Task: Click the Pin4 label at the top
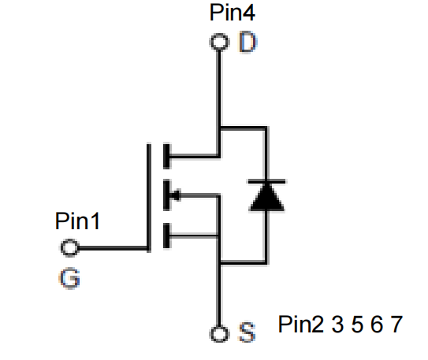pos(233,13)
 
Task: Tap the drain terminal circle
pos(219,35)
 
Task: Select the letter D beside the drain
pos(247,43)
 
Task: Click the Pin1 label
pos(77,221)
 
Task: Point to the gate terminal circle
pos(69,241)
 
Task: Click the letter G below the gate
pos(70,278)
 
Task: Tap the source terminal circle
pos(219,327)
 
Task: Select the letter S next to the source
pos(247,332)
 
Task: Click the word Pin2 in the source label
pos(301,324)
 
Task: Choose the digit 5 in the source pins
pos(357,325)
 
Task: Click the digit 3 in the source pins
pos(337,325)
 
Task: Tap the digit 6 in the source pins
pos(377,325)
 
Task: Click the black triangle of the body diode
pos(266,198)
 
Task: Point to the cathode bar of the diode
pos(266,181)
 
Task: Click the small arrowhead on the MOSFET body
pos(175,195)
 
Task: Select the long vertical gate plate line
pos(149,197)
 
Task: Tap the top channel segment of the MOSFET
pos(166,156)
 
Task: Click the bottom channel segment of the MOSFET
pos(166,236)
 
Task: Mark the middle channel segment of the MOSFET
pos(166,195)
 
